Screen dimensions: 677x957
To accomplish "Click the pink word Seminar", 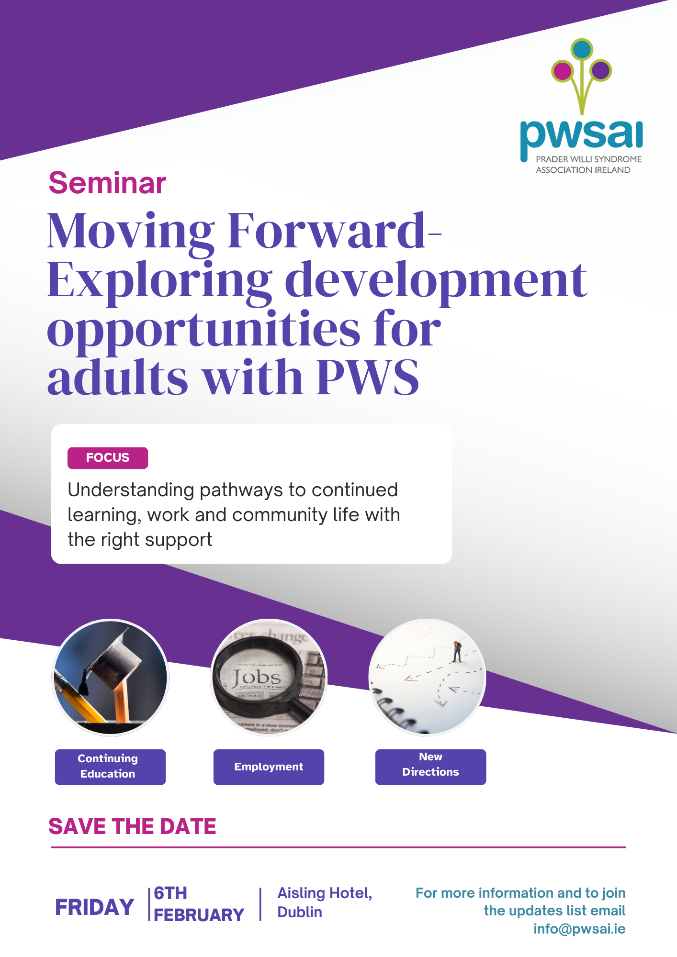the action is tap(107, 183).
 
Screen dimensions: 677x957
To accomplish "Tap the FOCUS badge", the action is tap(108, 458).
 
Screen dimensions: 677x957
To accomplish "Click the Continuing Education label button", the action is tap(110, 767).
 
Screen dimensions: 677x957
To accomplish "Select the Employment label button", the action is tap(269, 767).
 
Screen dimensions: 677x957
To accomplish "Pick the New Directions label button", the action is tap(430, 767).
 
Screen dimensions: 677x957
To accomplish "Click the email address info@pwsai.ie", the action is tap(579, 929).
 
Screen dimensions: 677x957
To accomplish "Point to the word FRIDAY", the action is tap(94, 907).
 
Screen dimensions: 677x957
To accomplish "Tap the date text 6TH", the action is tap(170, 893).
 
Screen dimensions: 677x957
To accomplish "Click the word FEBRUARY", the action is tap(199, 915).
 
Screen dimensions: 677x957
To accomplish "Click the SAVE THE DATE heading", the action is tap(132, 826).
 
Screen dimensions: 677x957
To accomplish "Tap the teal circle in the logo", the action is tap(582, 49).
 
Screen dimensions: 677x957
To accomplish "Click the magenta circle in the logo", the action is tap(562, 71).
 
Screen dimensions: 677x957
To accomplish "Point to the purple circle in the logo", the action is tap(600, 71).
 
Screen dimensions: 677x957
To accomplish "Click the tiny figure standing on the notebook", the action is tap(457, 651).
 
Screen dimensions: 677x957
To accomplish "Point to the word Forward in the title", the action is tap(327, 231).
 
